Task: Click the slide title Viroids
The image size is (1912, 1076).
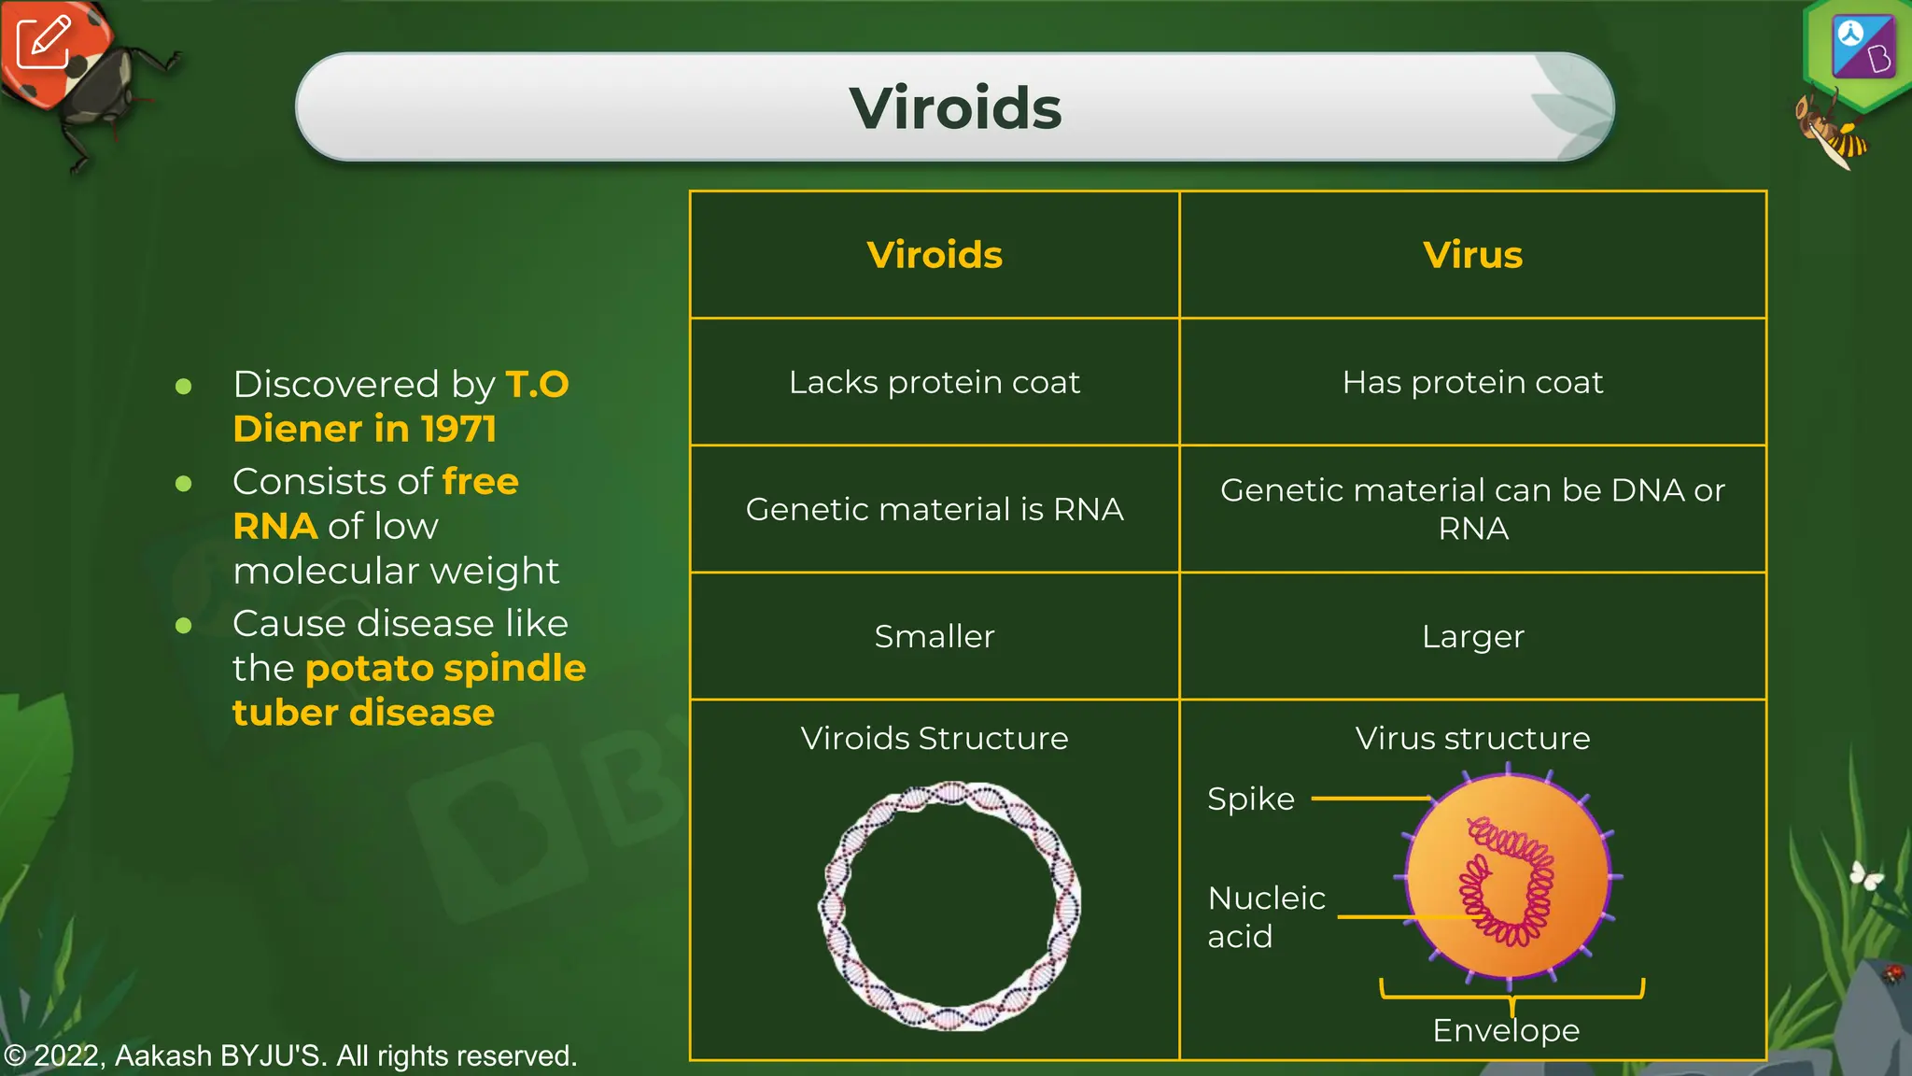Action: point(955,108)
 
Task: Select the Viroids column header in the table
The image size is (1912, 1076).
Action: point(934,255)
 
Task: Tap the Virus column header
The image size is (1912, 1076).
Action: point(1472,255)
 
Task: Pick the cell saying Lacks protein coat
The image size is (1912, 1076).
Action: point(934,382)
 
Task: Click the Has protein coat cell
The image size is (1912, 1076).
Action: point(1472,382)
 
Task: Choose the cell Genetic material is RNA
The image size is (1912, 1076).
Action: point(934,509)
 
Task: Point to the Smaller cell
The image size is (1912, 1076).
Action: point(934,636)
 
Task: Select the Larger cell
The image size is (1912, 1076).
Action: point(1472,636)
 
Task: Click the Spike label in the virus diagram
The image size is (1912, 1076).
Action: point(1250,800)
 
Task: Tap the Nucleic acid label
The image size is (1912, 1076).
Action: point(1265,916)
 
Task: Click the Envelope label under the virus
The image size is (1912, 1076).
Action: point(1506,1030)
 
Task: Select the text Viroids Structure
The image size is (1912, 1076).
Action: point(934,738)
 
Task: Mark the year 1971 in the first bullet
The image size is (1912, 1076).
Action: point(458,429)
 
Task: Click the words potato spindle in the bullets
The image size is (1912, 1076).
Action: point(445,668)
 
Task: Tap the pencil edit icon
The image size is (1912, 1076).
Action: point(43,42)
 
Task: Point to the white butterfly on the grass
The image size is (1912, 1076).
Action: point(1865,875)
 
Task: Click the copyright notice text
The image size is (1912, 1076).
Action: point(290,1055)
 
